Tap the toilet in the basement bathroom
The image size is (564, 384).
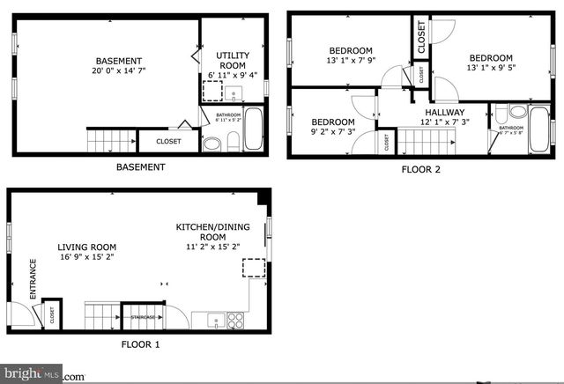click(233, 143)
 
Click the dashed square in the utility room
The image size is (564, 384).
click(212, 92)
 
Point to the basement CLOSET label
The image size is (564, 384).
click(168, 141)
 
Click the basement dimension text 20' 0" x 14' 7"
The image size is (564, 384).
click(119, 70)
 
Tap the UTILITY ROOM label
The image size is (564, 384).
click(233, 61)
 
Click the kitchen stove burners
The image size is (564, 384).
click(235, 319)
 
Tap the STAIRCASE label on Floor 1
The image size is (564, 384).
click(144, 317)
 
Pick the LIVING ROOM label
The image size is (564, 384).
click(87, 247)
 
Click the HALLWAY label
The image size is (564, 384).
click(445, 113)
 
